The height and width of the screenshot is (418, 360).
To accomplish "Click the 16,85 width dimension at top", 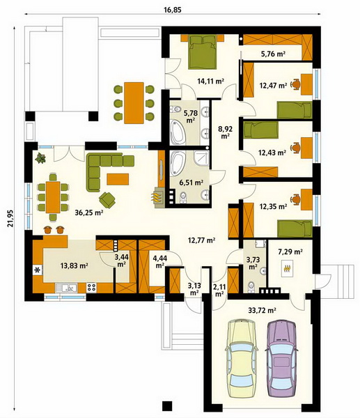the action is click(173, 10).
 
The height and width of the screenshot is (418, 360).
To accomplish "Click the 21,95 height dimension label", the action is click(10, 218).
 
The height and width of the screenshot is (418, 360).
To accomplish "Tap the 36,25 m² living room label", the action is click(89, 212).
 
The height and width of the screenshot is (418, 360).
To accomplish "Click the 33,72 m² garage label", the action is click(262, 310).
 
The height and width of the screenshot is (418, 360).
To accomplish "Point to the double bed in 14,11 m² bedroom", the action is click(202, 52).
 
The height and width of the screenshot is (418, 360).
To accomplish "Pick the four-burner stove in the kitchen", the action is click(91, 287).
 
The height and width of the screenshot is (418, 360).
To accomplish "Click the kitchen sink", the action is click(66, 288).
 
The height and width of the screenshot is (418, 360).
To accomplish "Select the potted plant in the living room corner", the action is click(40, 158).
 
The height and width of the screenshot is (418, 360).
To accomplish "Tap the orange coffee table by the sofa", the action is click(118, 179).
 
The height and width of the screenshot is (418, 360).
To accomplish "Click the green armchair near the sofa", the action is click(107, 200).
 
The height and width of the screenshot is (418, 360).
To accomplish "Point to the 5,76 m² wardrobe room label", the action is click(272, 54).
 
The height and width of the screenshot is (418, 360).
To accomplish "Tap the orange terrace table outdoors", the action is click(134, 103).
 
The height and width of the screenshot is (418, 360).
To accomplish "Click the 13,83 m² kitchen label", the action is click(75, 265).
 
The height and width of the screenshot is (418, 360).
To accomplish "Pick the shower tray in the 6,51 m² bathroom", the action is click(202, 159).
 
